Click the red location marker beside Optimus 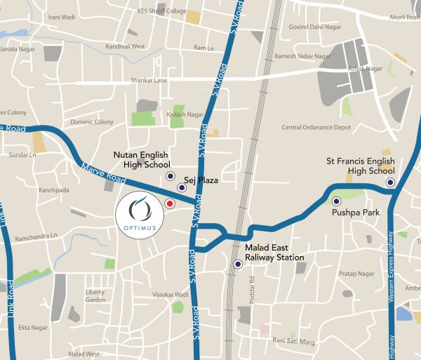click(169, 204)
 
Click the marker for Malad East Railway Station click(238, 265)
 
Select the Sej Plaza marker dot click(182, 187)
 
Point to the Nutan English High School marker click(169, 176)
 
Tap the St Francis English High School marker click(390, 182)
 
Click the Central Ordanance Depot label click(316, 128)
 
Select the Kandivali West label click(124, 47)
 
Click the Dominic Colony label click(91, 122)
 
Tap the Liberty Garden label click(95, 295)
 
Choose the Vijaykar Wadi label click(171, 295)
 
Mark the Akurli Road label click(404, 17)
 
